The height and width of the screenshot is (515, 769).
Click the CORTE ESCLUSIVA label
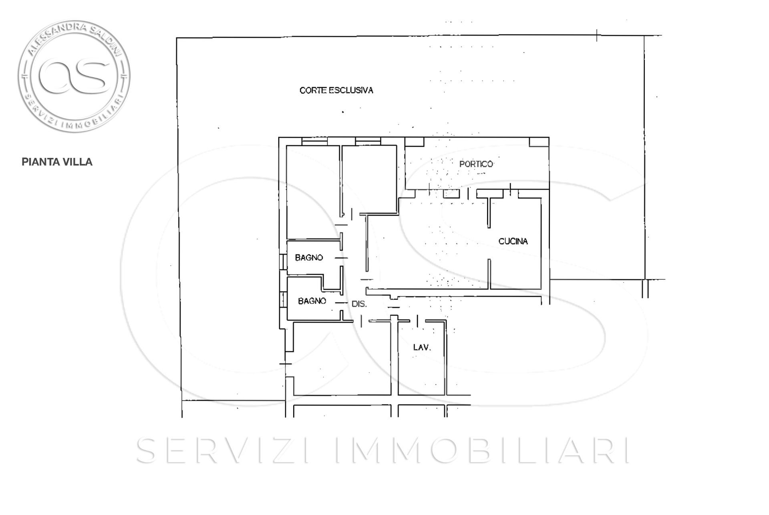tap(336, 90)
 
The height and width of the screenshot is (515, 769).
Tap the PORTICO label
tap(476, 164)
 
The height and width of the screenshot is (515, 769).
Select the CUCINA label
tap(513, 241)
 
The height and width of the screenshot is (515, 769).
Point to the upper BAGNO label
tap(309, 258)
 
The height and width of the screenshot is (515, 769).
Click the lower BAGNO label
tap(312, 301)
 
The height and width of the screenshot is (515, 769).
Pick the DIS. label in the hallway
tap(359, 304)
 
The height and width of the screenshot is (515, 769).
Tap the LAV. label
tap(422, 347)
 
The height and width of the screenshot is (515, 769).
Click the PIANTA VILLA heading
tap(57, 162)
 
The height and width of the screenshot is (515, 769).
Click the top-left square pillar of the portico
tap(414, 142)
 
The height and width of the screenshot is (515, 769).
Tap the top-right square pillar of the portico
tap(539, 142)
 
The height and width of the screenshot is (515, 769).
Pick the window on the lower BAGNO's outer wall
tap(283, 299)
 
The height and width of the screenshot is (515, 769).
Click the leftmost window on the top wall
tap(314, 141)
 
